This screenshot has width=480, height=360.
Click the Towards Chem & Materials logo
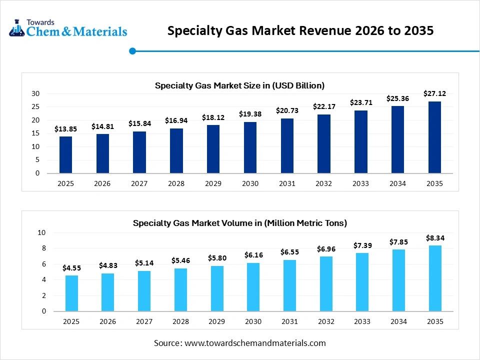pos(68,29)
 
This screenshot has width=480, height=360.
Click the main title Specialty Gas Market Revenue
pos(300,31)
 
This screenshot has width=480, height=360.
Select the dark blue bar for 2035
pos(434,137)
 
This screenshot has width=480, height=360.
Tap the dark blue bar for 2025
pos(65,155)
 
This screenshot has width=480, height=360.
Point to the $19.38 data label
pos(250,114)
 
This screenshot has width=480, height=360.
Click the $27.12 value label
pos(434,93)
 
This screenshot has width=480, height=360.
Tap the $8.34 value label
pos(434,238)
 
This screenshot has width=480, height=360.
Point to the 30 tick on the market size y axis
pos(35,93)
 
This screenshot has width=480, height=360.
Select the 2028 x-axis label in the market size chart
pos(176,183)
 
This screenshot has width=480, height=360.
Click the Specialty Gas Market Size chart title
pos(239,85)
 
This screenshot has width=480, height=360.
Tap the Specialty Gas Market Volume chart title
pos(239,223)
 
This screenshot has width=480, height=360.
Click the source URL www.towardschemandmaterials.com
pos(255,343)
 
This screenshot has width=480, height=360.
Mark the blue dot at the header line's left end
pos(132,50)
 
